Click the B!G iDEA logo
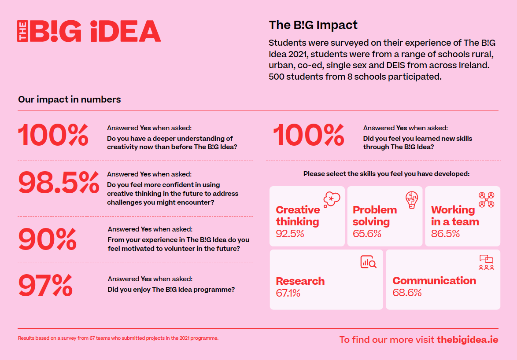pos(89,31)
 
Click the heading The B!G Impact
pos(313,25)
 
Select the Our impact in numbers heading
pos(70,99)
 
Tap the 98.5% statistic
pos(59,183)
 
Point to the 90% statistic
pos(48,239)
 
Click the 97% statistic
pos(45,286)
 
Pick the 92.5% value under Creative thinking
pos(290,234)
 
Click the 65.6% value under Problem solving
pos(367,234)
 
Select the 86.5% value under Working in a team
pos(446,234)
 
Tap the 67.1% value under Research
pos(288,293)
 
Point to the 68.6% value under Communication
pos(407,293)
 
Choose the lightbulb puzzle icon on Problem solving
pos(412,200)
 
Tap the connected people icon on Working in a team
pos(486,200)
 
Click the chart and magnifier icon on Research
pos(369,262)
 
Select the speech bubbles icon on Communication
pos(486,262)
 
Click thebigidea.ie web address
pos(468,340)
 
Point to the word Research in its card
pos(300,281)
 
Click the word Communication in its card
pos(434,281)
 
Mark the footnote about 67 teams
pos(118,338)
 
